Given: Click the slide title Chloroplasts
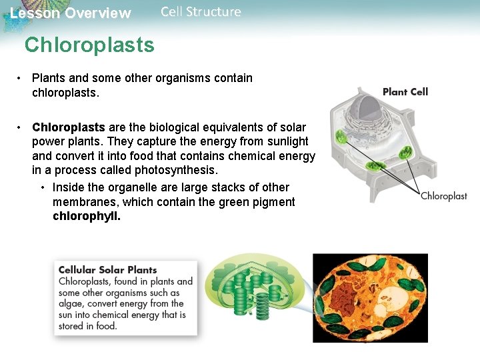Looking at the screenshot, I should [89, 45].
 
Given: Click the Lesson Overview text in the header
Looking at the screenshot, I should [71, 13].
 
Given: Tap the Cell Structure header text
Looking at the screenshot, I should [201, 12].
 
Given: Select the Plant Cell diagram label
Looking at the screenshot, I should [405, 92].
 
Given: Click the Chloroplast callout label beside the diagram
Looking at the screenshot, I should [443, 196].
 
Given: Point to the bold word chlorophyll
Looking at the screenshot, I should [87, 216].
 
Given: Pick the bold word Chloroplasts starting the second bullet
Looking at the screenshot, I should [69, 127].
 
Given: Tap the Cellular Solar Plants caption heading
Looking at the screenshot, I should [108, 270].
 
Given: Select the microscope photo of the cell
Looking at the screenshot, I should [370, 297].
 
